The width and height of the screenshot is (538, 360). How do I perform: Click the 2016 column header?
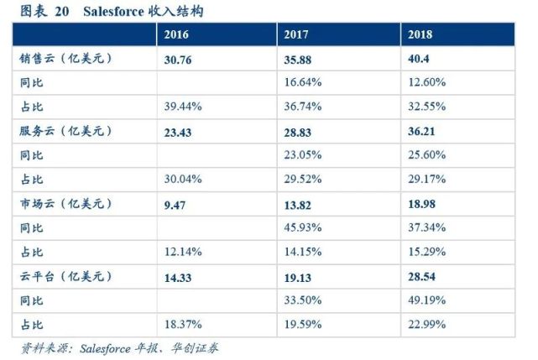(176, 35)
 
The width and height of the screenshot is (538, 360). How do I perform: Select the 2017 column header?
(299, 35)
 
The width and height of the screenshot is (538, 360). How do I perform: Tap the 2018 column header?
(422, 35)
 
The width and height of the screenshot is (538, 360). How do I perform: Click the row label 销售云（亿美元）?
(65, 60)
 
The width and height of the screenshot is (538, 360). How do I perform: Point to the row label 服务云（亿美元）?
(65, 132)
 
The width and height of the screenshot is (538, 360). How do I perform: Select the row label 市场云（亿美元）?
(65, 204)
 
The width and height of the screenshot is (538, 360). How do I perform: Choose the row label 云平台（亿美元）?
(65, 276)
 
